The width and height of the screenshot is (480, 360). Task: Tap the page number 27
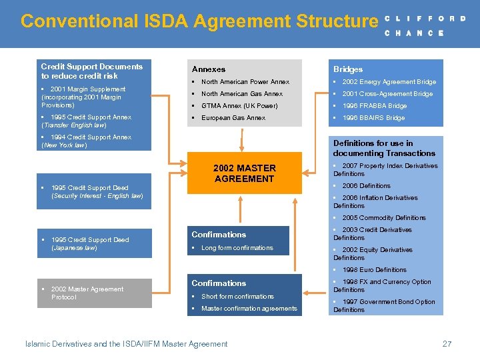pos(447,344)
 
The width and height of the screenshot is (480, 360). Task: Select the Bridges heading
pos(348,69)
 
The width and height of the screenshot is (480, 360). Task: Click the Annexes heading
pos(209,69)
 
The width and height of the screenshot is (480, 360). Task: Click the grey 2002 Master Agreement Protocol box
pos(94,293)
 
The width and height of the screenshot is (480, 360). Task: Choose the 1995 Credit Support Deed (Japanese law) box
pos(94,243)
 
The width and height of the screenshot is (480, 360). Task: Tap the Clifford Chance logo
pos(425,25)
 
